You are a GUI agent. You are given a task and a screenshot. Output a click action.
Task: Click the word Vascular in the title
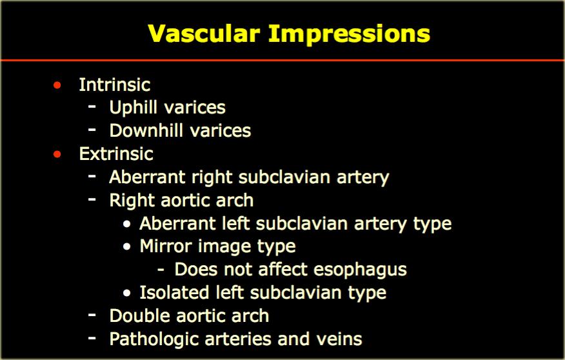coord(204,34)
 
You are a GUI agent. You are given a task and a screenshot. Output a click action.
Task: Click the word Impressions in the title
coord(349,35)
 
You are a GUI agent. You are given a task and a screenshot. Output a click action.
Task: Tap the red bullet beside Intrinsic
coord(57,85)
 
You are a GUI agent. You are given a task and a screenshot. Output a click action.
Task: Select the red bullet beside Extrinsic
coord(57,154)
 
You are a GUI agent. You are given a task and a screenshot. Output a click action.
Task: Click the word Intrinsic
coord(115,85)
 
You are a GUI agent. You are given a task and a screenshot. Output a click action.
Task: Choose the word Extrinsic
coord(116,154)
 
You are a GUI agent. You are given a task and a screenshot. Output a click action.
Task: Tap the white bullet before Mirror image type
coord(126,247)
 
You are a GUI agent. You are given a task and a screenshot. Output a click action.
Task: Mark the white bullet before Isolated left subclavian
coord(126,293)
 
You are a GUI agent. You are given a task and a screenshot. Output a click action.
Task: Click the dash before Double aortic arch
coord(92,315)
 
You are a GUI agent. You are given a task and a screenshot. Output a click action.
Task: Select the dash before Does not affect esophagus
coord(161,269)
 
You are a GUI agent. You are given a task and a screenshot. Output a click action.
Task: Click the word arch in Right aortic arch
coord(235,201)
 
